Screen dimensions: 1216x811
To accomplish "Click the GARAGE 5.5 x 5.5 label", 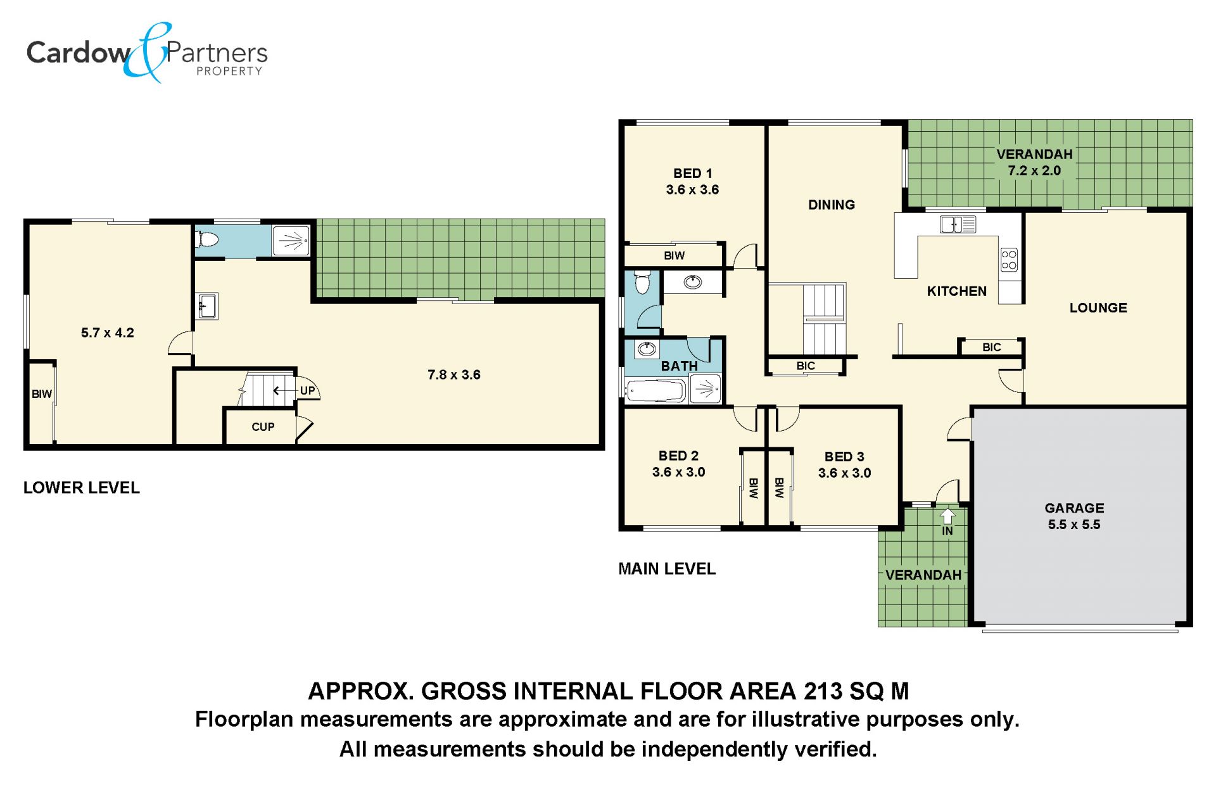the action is tap(1074, 516).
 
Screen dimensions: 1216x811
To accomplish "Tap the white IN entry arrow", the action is tap(947, 515).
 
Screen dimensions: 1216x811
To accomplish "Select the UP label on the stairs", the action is tap(307, 390).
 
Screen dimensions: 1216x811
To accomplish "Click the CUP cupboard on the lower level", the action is tap(260, 427).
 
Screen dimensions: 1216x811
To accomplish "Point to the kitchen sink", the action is tap(958, 224).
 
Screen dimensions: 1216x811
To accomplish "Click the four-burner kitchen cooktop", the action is tap(1009, 260).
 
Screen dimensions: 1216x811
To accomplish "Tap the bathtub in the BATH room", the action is tap(655, 390).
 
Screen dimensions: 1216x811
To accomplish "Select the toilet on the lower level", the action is tap(206, 240).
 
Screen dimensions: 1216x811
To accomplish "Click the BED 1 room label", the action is tap(693, 174).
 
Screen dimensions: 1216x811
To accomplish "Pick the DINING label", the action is tap(832, 205).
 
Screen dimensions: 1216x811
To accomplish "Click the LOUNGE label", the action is tap(1098, 308).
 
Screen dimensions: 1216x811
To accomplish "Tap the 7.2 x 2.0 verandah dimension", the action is tap(1034, 170).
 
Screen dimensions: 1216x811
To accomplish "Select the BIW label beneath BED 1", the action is tap(674, 255).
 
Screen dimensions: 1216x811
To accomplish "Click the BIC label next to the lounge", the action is tap(992, 347).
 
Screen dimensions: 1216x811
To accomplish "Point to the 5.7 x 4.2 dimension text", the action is tap(108, 333).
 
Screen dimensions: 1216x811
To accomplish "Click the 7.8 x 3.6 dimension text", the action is tap(454, 374).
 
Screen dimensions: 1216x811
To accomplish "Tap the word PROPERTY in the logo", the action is tap(229, 71).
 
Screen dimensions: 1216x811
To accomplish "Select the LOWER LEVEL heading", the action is tap(82, 488).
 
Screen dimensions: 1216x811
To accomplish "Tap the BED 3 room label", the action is tap(844, 457).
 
